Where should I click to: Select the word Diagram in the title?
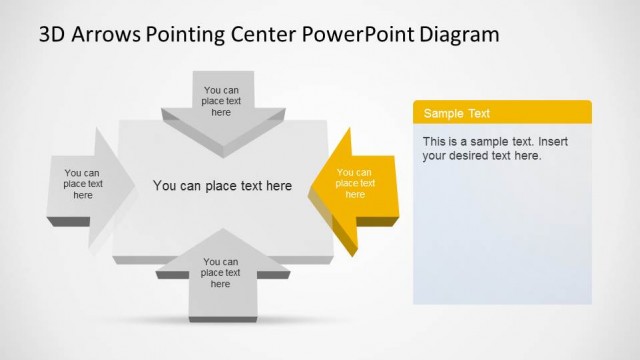coord(455,35)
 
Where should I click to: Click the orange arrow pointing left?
coord(350,184)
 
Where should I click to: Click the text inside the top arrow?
coord(221,100)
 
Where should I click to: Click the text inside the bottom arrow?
coord(221,273)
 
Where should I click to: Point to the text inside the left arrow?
coord(83,184)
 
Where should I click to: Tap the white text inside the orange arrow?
coord(355,183)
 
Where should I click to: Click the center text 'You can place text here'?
coord(222,185)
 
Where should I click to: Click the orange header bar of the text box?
coord(540,113)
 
